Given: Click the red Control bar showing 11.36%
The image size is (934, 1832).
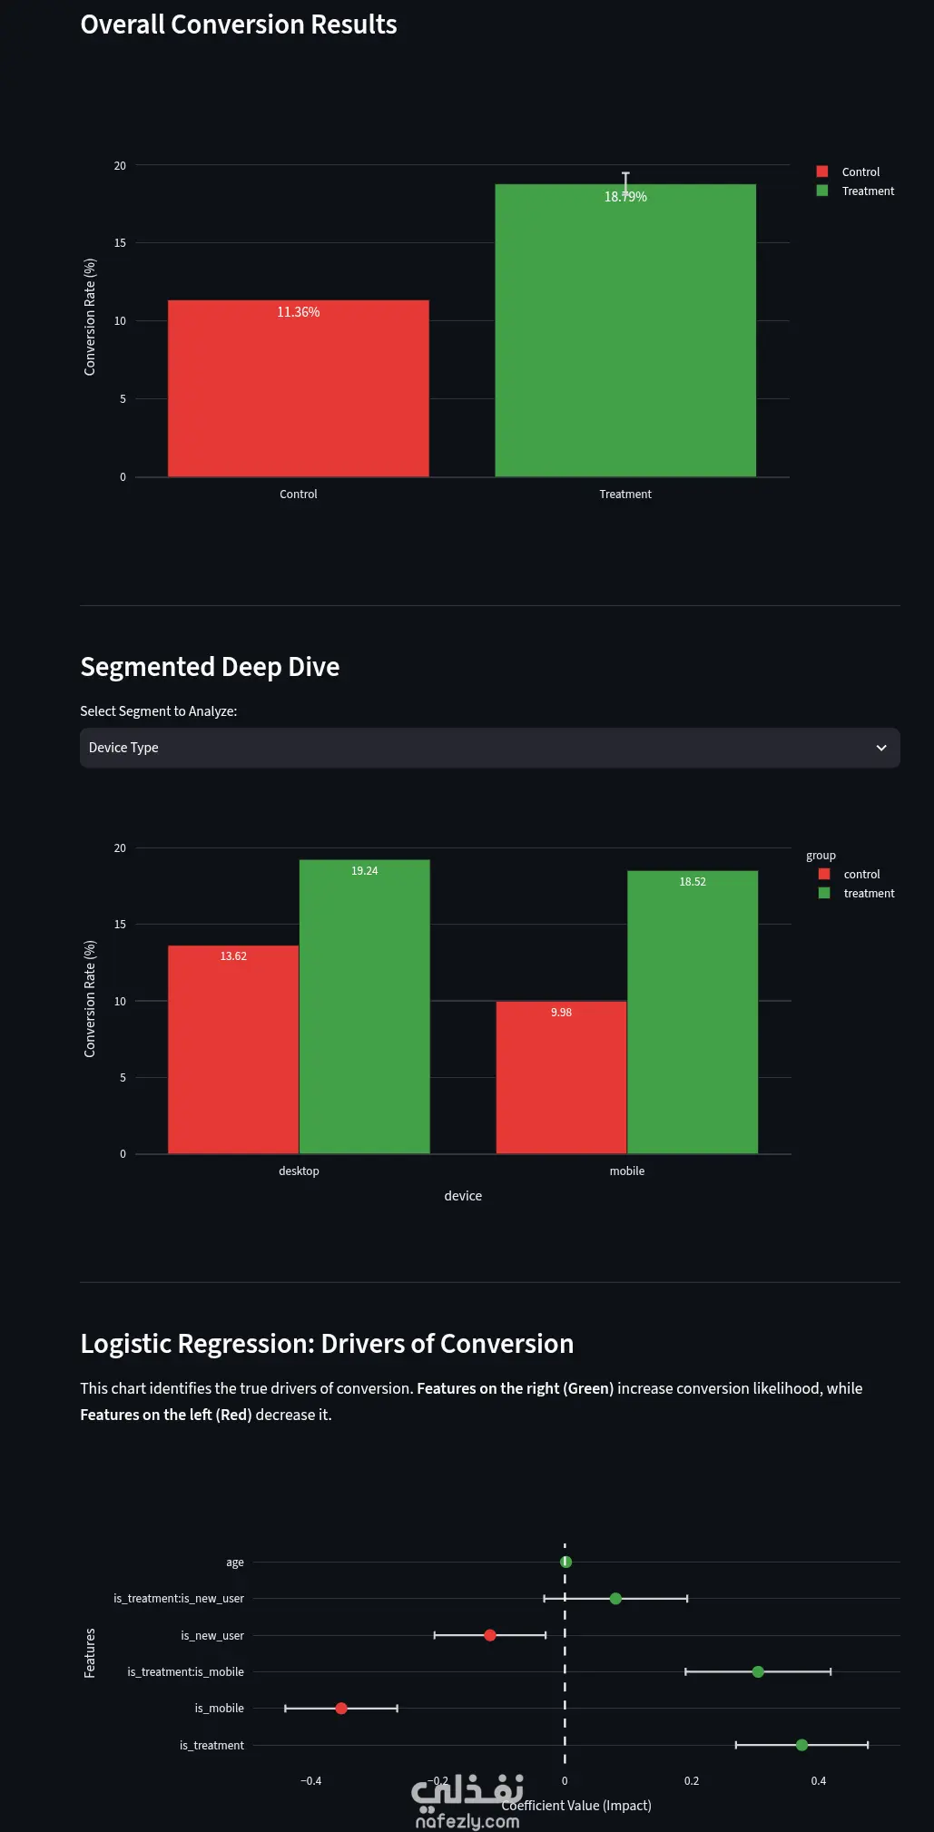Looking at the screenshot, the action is pos(299,388).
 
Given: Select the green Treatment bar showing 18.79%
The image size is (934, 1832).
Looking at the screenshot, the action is pos(625,330).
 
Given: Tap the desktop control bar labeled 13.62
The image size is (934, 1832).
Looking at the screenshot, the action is pos(233,1050).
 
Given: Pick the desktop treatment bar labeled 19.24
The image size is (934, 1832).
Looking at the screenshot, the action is pos(365,1007).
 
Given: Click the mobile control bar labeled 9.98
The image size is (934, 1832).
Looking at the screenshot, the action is pos(561,1078).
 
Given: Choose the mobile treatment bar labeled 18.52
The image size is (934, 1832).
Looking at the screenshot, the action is pos(693,1013).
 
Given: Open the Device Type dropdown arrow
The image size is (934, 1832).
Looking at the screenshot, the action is pos(880,748).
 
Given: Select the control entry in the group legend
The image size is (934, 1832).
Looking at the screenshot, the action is pos(850,874).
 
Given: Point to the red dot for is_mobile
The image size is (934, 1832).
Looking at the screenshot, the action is pos(341,1709).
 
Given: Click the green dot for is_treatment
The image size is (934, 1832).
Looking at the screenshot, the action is pos(801,1745).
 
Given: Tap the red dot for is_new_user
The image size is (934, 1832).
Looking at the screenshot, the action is pos(490,1635).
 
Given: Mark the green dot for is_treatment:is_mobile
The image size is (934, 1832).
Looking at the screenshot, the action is pos(758,1671).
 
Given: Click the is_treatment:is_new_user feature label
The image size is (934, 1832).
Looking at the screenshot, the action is pos(179,1599).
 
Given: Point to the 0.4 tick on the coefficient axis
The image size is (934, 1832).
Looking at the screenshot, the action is pos(819,1781).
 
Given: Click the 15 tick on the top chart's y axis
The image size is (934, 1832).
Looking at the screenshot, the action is pos(120,243).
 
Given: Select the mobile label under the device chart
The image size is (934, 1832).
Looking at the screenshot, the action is pos(627,1171).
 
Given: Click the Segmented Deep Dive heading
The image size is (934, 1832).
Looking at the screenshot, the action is pos(210,667).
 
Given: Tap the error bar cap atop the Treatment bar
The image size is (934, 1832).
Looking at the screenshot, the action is pos(625,173).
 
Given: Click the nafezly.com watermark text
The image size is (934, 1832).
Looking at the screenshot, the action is pos(467,1821).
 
